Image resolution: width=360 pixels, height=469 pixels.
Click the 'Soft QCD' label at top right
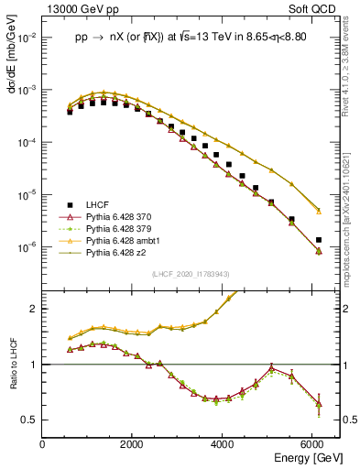pyautogui.click(x=313, y=8)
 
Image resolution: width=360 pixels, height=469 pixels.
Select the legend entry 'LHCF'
pyautogui.click(x=100, y=204)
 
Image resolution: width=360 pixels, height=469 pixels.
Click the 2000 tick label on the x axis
pyautogui.click(x=133, y=444)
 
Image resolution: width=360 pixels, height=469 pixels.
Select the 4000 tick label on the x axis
pyautogui.click(x=224, y=444)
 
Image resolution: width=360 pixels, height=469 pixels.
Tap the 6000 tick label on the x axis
pyautogui.click(x=313, y=444)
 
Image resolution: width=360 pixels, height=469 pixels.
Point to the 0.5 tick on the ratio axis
pyautogui.click(x=31, y=420)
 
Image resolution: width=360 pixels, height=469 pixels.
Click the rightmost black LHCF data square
pyautogui.click(x=318, y=240)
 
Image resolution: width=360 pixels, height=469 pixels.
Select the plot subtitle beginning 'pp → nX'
pyautogui.click(x=190, y=39)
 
